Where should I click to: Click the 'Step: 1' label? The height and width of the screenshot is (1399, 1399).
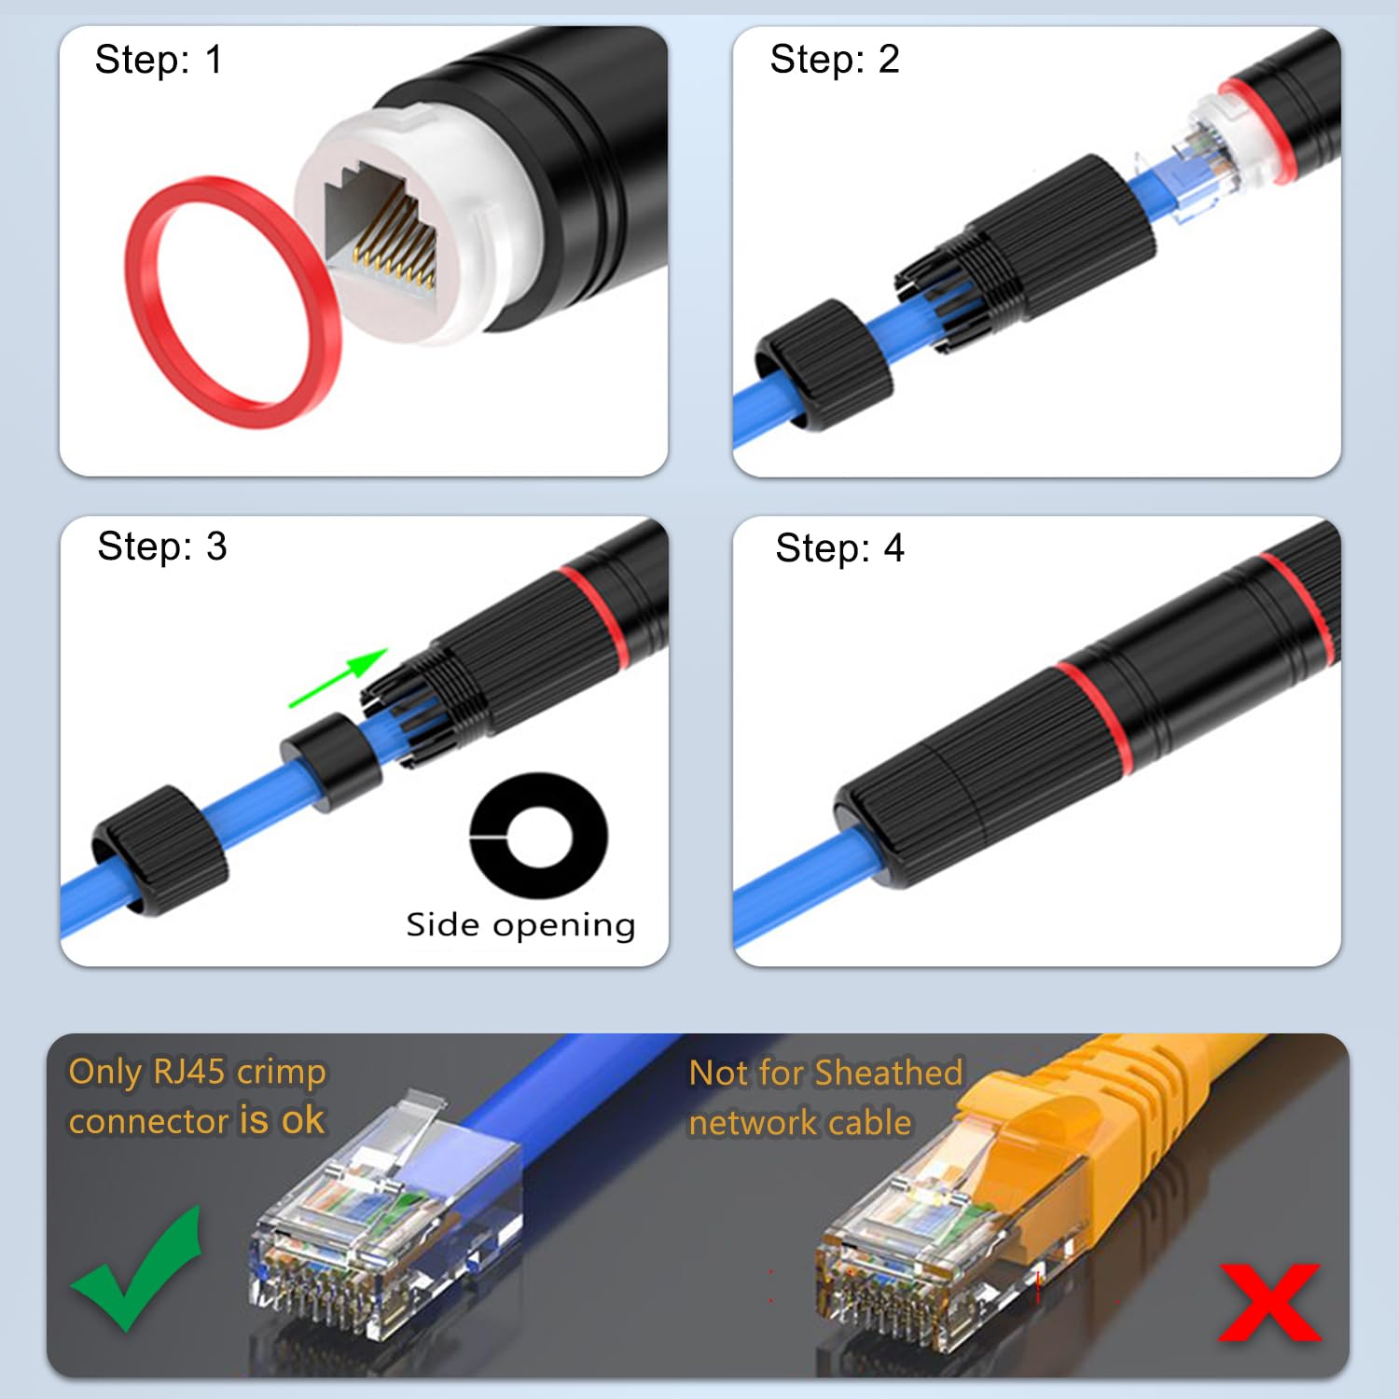coord(159,60)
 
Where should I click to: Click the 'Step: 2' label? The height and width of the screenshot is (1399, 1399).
coord(834,60)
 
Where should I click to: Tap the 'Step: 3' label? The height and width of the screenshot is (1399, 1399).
coord(161,547)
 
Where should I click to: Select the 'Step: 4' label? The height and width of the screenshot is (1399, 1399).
coord(839,548)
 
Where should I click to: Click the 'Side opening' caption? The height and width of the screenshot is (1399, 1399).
coord(520,925)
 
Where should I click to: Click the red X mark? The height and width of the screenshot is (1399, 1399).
coord(1269,1301)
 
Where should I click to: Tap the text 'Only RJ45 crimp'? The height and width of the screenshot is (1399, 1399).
coord(197,1072)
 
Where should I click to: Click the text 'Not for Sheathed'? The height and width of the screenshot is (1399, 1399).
coord(825,1073)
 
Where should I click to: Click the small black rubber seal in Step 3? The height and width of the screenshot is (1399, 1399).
coord(331,760)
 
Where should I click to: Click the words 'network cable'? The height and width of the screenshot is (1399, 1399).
coord(799,1123)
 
